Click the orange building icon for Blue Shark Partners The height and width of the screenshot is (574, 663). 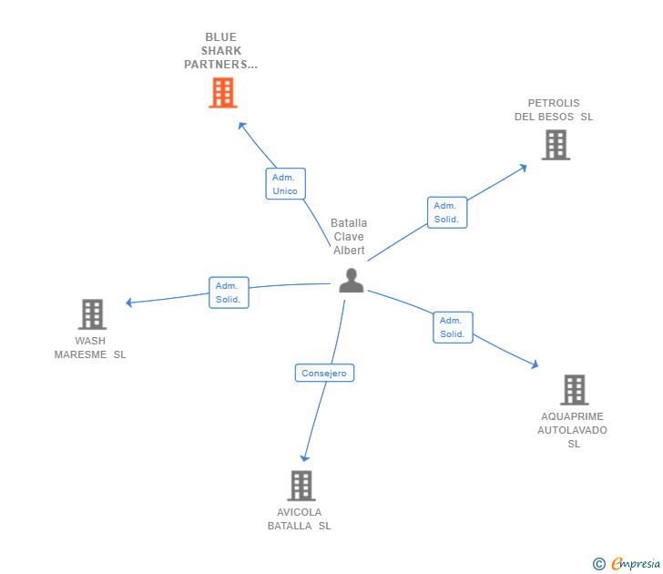pyautogui.click(x=223, y=93)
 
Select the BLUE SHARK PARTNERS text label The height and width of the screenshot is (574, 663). pyautogui.click(x=220, y=51)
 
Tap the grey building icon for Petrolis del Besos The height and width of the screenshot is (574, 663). pyautogui.click(x=556, y=145)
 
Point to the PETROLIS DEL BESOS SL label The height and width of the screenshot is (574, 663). pyautogui.click(x=554, y=110)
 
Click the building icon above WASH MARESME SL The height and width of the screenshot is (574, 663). pyautogui.click(x=92, y=314)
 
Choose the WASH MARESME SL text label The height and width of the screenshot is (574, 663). pyautogui.click(x=90, y=348)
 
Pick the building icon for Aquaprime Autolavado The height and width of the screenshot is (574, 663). pyautogui.click(x=574, y=390)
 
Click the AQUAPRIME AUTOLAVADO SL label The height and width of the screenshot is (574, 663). pyautogui.click(x=573, y=430)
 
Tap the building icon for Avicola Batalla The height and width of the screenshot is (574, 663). pyautogui.click(x=301, y=486)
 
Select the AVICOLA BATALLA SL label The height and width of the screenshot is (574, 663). pyautogui.click(x=300, y=519)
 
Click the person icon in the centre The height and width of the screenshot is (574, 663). pyautogui.click(x=351, y=281)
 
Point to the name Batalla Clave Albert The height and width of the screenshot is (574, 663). pyautogui.click(x=349, y=237)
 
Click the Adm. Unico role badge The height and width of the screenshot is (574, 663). pyautogui.click(x=285, y=184)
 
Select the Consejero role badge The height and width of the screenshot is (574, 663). pyautogui.click(x=324, y=373)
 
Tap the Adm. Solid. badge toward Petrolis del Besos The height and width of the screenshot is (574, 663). pyautogui.click(x=446, y=212)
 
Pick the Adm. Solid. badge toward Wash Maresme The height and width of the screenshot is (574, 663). pyautogui.click(x=228, y=292)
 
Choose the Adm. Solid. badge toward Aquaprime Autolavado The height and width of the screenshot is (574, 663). pyautogui.click(x=453, y=327)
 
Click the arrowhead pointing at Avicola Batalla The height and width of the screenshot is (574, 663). pyautogui.click(x=305, y=457)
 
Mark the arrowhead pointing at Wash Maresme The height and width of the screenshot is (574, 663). pyautogui.click(x=130, y=302)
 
